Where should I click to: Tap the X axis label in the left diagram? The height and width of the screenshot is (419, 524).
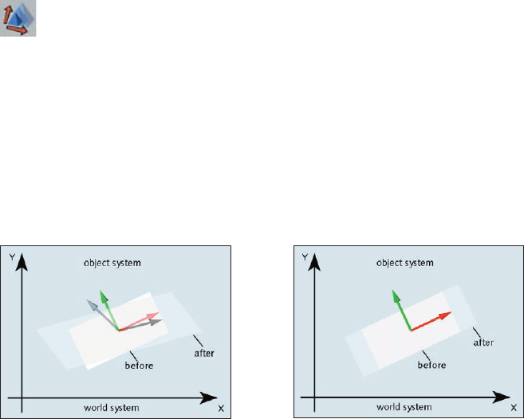(x=220, y=408)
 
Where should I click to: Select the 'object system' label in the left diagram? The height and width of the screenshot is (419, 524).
(x=113, y=263)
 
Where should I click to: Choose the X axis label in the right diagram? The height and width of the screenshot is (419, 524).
(x=513, y=408)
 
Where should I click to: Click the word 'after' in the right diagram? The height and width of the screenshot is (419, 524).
(x=483, y=343)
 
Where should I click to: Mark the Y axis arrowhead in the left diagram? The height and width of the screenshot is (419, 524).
(x=23, y=260)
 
